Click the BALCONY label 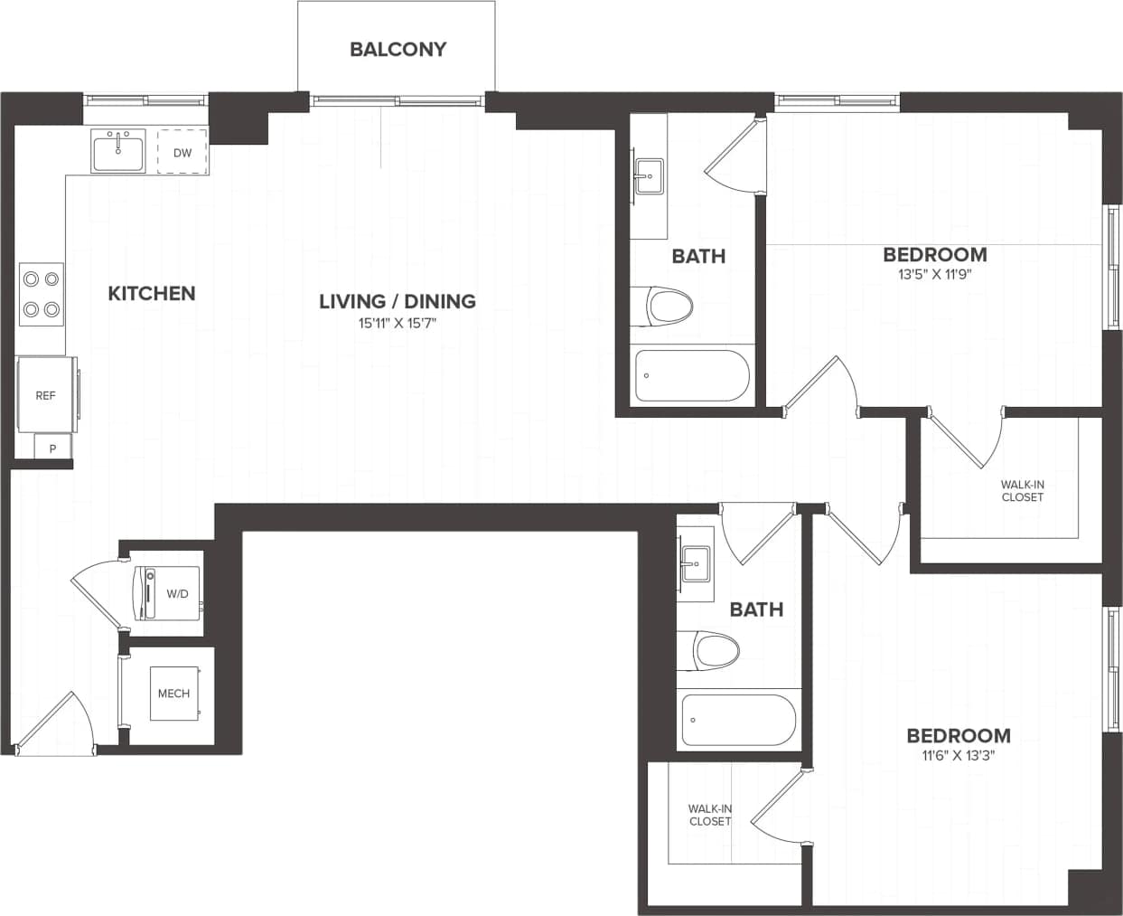[x=398, y=49]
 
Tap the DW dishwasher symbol [x=182, y=152]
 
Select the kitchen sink [x=117, y=150]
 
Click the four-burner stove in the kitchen [x=42, y=295]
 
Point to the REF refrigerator [x=46, y=395]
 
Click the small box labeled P [x=52, y=448]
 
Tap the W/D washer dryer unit [x=169, y=593]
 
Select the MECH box [x=173, y=694]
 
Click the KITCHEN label [x=152, y=293]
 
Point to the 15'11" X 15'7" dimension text [x=398, y=322]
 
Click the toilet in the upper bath [x=663, y=307]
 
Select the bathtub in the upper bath [x=692, y=375]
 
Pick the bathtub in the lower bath [x=738, y=720]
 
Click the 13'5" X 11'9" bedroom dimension [x=934, y=275]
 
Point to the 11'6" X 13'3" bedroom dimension [x=958, y=756]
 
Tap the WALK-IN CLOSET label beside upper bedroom [x=1022, y=491]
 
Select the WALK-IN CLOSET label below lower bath [x=710, y=815]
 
